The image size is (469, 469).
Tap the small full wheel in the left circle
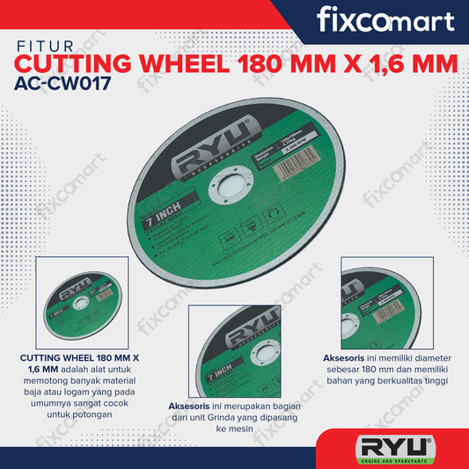(80, 302)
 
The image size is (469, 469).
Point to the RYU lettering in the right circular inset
(361, 290)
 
